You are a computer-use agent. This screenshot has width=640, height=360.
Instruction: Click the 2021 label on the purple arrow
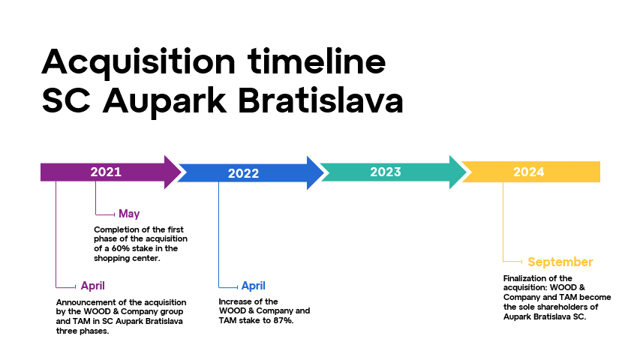(x=106, y=172)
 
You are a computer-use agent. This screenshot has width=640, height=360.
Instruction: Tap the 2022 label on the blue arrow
(x=243, y=173)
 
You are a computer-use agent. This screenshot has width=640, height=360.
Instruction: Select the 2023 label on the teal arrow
(x=386, y=172)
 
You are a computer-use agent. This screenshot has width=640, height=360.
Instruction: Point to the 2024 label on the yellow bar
(x=528, y=172)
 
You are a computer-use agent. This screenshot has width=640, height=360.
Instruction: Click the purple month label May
(x=129, y=214)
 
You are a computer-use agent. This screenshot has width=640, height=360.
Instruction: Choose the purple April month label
(x=92, y=286)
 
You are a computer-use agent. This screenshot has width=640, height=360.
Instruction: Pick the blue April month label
(x=253, y=286)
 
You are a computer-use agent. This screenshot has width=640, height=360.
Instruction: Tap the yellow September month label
(x=560, y=262)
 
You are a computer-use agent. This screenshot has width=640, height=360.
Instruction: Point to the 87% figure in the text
(x=284, y=320)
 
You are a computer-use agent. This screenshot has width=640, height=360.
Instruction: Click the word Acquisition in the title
(x=138, y=62)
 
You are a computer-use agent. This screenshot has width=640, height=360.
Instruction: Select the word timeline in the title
(x=317, y=61)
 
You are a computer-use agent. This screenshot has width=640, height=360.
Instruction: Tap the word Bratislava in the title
(x=320, y=100)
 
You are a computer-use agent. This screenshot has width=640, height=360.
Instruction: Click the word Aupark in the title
(x=164, y=103)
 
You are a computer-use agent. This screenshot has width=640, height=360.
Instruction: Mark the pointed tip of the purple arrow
(x=182, y=172)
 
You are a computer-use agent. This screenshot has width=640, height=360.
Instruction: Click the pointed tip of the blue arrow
(x=325, y=172)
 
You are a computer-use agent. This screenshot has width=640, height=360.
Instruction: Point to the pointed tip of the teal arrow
(x=467, y=172)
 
